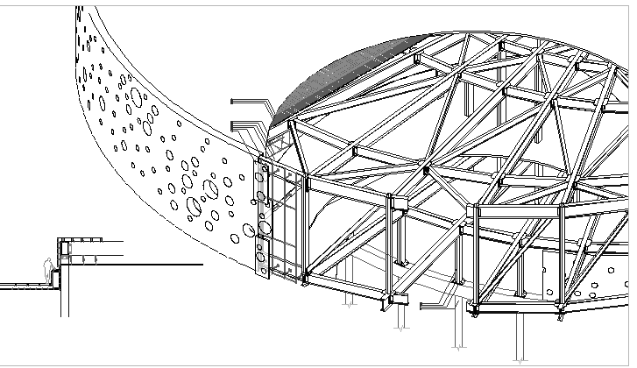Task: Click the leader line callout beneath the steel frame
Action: [x=438, y=305]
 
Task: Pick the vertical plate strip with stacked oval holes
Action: [x=261, y=219]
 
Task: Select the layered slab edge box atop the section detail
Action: [x=79, y=240]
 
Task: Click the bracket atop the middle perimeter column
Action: [x=399, y=205]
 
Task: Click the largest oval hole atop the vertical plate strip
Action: [x=260, y=176]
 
